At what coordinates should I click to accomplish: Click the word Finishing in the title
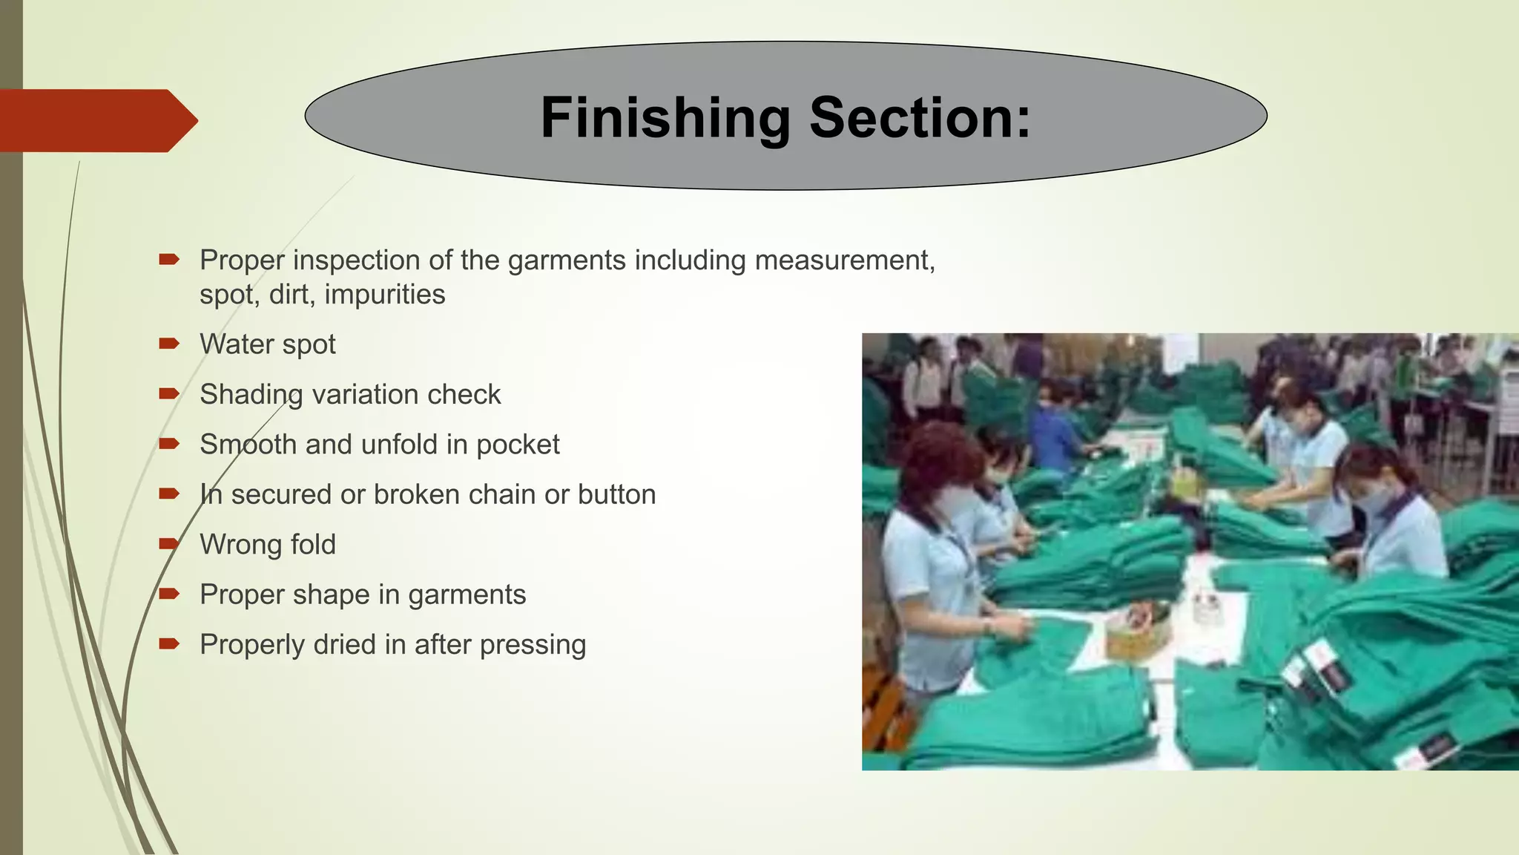click(x=665, y=118)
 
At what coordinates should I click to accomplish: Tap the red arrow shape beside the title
click(x=96, y=120)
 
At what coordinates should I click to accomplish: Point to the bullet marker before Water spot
click(x=169, y=344)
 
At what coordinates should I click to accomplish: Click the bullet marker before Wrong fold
click(x=169, y=544)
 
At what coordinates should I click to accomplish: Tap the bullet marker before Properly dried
click(x=169, y=643)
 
